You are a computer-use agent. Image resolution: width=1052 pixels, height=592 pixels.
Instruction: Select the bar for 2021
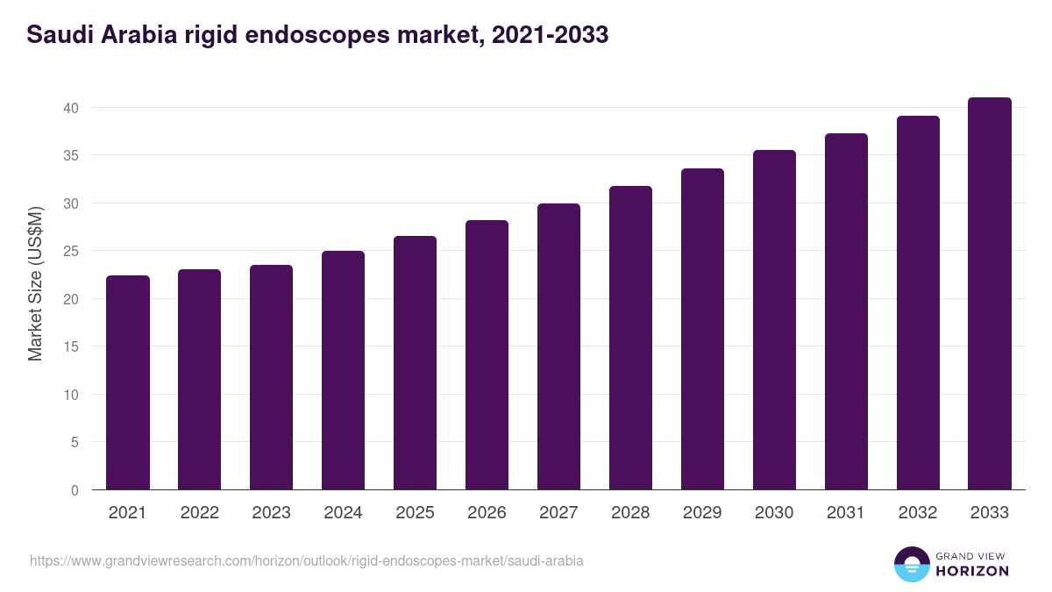click(x=128, y=382)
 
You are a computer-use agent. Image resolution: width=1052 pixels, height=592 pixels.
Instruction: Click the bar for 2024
click(x=343, y=370)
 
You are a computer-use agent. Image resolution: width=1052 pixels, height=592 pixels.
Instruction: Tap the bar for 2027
click(x=558, y=346)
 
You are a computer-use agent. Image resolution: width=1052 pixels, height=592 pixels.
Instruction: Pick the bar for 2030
click(x=774, y=320)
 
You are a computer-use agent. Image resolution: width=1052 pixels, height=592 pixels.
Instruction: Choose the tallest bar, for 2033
click(x=990, y=294)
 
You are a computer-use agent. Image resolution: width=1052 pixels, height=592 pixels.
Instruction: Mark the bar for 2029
click(x=702, y=329)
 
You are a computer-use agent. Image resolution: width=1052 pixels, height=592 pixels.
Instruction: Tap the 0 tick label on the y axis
click(x=75, y=490)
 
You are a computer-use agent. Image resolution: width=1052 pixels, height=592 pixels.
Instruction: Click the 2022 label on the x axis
click(x=200, y=513)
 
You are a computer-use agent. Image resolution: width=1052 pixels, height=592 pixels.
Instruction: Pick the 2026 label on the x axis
click(x=487, y=513)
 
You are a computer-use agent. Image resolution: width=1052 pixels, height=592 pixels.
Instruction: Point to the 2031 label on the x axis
click(x=846, y=513)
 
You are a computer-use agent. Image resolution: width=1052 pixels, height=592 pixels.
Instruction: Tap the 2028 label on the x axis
click(x=630, y=513)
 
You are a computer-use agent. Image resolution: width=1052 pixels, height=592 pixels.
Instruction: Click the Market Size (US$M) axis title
click(x=35, y=283)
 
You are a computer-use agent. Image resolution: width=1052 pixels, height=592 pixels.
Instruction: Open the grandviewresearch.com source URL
click(x=306, y=560)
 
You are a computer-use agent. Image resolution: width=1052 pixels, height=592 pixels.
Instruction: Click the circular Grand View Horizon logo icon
click(x=912, y=565)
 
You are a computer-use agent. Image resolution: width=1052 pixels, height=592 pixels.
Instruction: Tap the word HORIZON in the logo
click(x=972, y=571)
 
